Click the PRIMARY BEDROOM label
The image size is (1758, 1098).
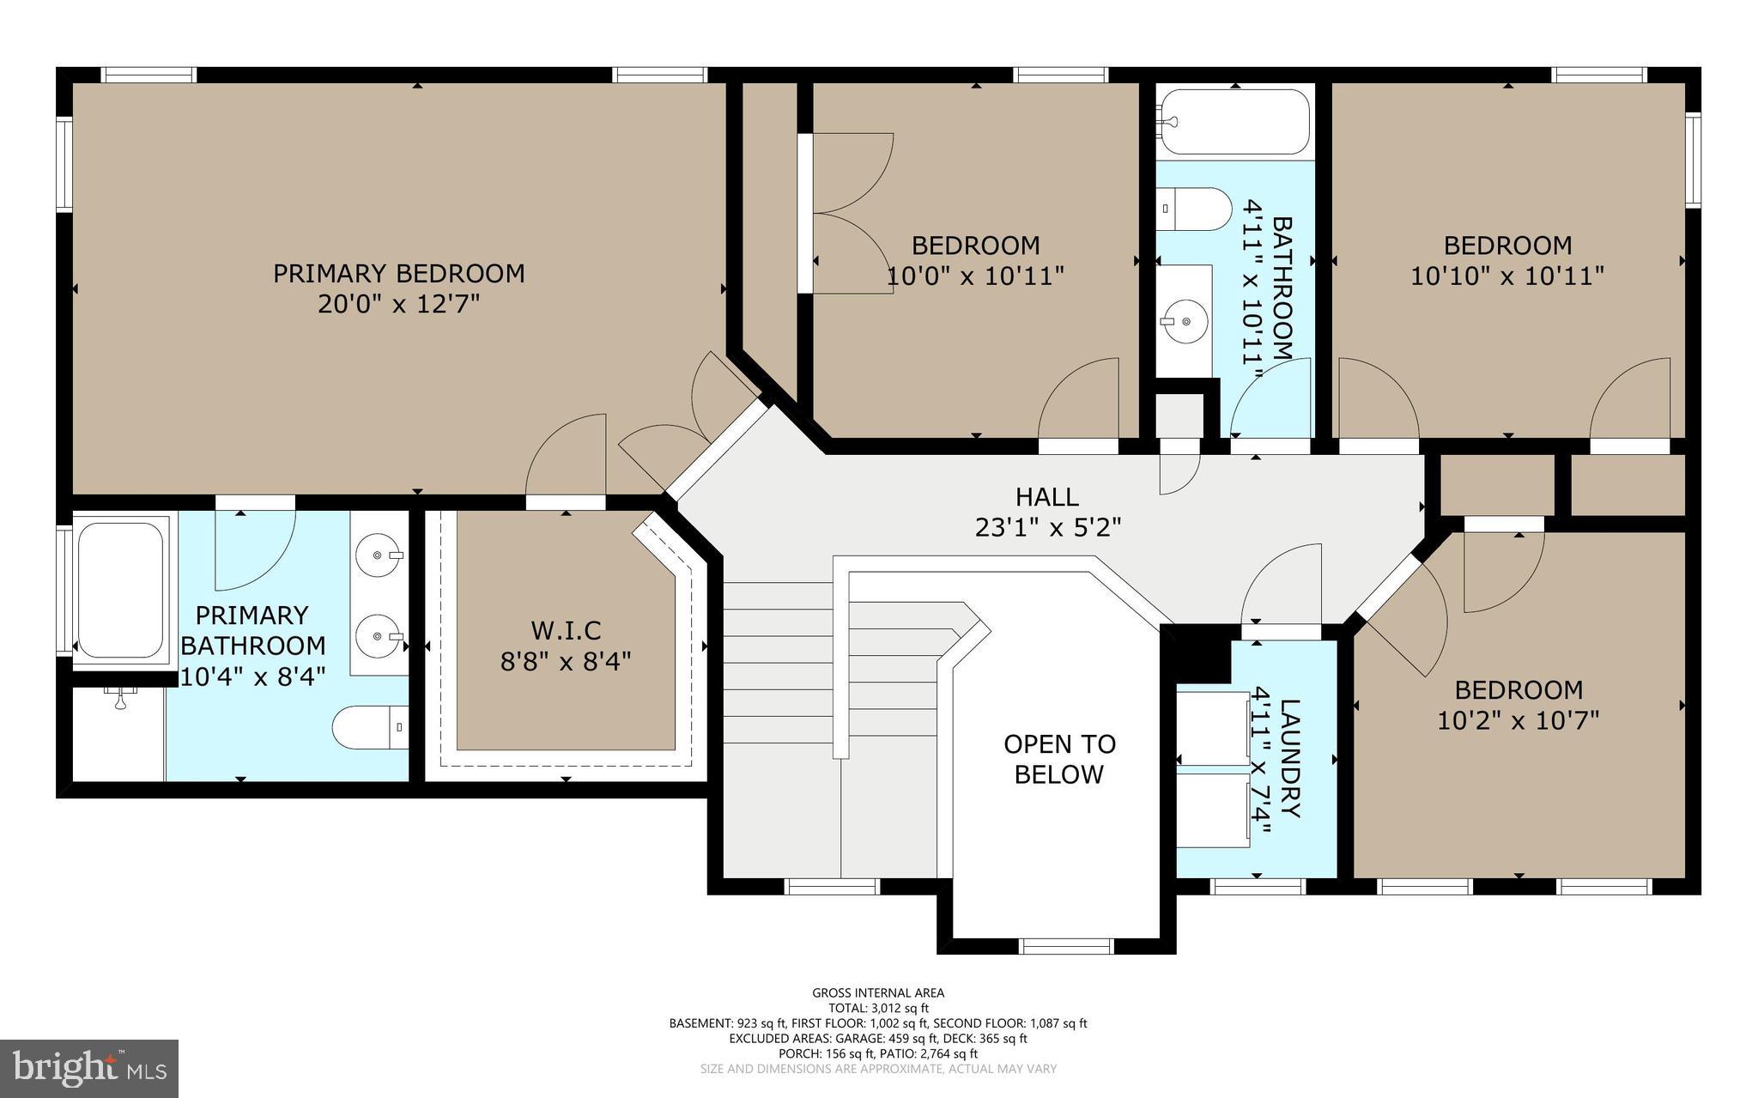pyautogui.click(x=398, y=274)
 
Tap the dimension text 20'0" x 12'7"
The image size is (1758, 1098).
pyautogui.click(x=398, y=305)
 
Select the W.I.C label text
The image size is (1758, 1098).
pyautogui.click(x=566, y=630)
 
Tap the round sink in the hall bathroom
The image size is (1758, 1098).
pyautogui.click(x=1185, y=321)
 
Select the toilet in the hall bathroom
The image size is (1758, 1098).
pyautogui.click(x=1193, y=209)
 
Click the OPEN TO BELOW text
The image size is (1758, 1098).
pyautogui.click(x=1059, y=759)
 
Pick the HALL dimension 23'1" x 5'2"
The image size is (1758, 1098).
pyautogui.click(x=1047, y=527)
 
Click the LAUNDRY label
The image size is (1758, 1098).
pyautogui.click(x=1290, y=759)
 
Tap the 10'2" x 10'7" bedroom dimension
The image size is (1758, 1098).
pyautogui.click(x=1518, y=719)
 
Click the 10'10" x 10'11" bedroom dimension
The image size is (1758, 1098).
pyautogui.click(x=1507, y=276)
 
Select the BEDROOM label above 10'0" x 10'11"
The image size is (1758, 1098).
pyautogui.click(x=975, y=246)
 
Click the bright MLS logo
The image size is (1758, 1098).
pyautogui.click(x=89, y=1069)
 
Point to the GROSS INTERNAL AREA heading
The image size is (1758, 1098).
pyautogui.click(x=878, y=993)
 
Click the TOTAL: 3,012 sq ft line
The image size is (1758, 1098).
pyautogui.click(x=878, y=1008)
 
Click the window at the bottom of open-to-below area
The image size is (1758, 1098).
pyautogui.click(x=1065, y=946)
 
